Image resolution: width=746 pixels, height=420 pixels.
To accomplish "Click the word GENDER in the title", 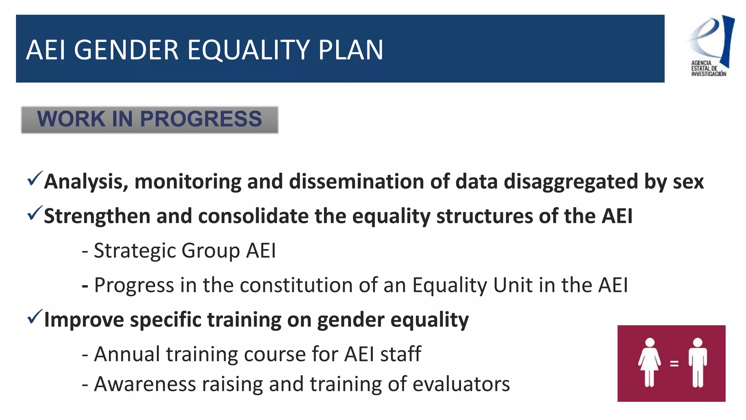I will (126, 50).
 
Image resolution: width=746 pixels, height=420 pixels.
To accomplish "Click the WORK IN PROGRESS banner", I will (150, 120).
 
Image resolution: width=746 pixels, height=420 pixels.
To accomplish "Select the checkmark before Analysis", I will (35, 178).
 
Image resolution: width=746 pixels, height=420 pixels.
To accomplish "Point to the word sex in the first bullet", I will (688, 182).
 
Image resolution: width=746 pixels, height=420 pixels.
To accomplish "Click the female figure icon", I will (649, 362).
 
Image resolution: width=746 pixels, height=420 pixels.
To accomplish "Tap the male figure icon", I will (698, 362).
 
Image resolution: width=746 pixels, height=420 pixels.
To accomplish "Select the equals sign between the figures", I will (674, 363).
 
